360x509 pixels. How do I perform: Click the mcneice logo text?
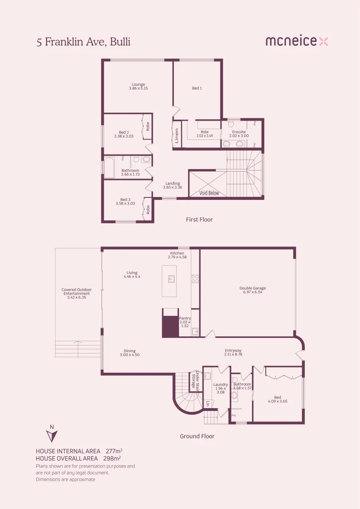pyautogui.click(x=291, y=41)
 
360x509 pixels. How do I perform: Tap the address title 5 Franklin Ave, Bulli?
pyautogui.click(x=83, y=42)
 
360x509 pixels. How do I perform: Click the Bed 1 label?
pyautogui.click(x=197, y=88)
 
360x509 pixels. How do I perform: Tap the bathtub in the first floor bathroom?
pyautogui.click(x=109, y=167)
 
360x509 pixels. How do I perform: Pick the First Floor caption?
pyautogui.click(x=200, y=220)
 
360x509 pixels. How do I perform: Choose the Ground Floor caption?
pyautogui.click(x=197, y=436)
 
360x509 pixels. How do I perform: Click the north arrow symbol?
pyautogui.click(x=52, y=435)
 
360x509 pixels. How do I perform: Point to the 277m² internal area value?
pyautogui.click(x=114, y=451)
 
